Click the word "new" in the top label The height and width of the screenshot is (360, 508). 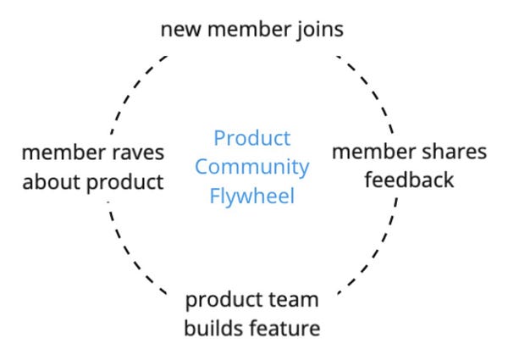click(181, 30)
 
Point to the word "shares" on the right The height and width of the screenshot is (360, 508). click(455, 152)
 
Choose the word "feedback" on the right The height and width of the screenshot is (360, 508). click(409, 180)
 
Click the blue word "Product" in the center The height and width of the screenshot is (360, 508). click(252, 138)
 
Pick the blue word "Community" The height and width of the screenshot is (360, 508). click(252, 168)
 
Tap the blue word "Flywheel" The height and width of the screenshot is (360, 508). click(252, 196)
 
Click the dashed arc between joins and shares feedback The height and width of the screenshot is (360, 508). click(372, 87)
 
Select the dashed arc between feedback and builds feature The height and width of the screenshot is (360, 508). click(375, 253)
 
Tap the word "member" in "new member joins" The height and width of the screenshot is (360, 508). click(248, 30)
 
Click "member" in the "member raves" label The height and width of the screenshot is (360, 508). click(63, 152)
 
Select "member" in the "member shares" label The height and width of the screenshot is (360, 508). click(374, 152)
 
